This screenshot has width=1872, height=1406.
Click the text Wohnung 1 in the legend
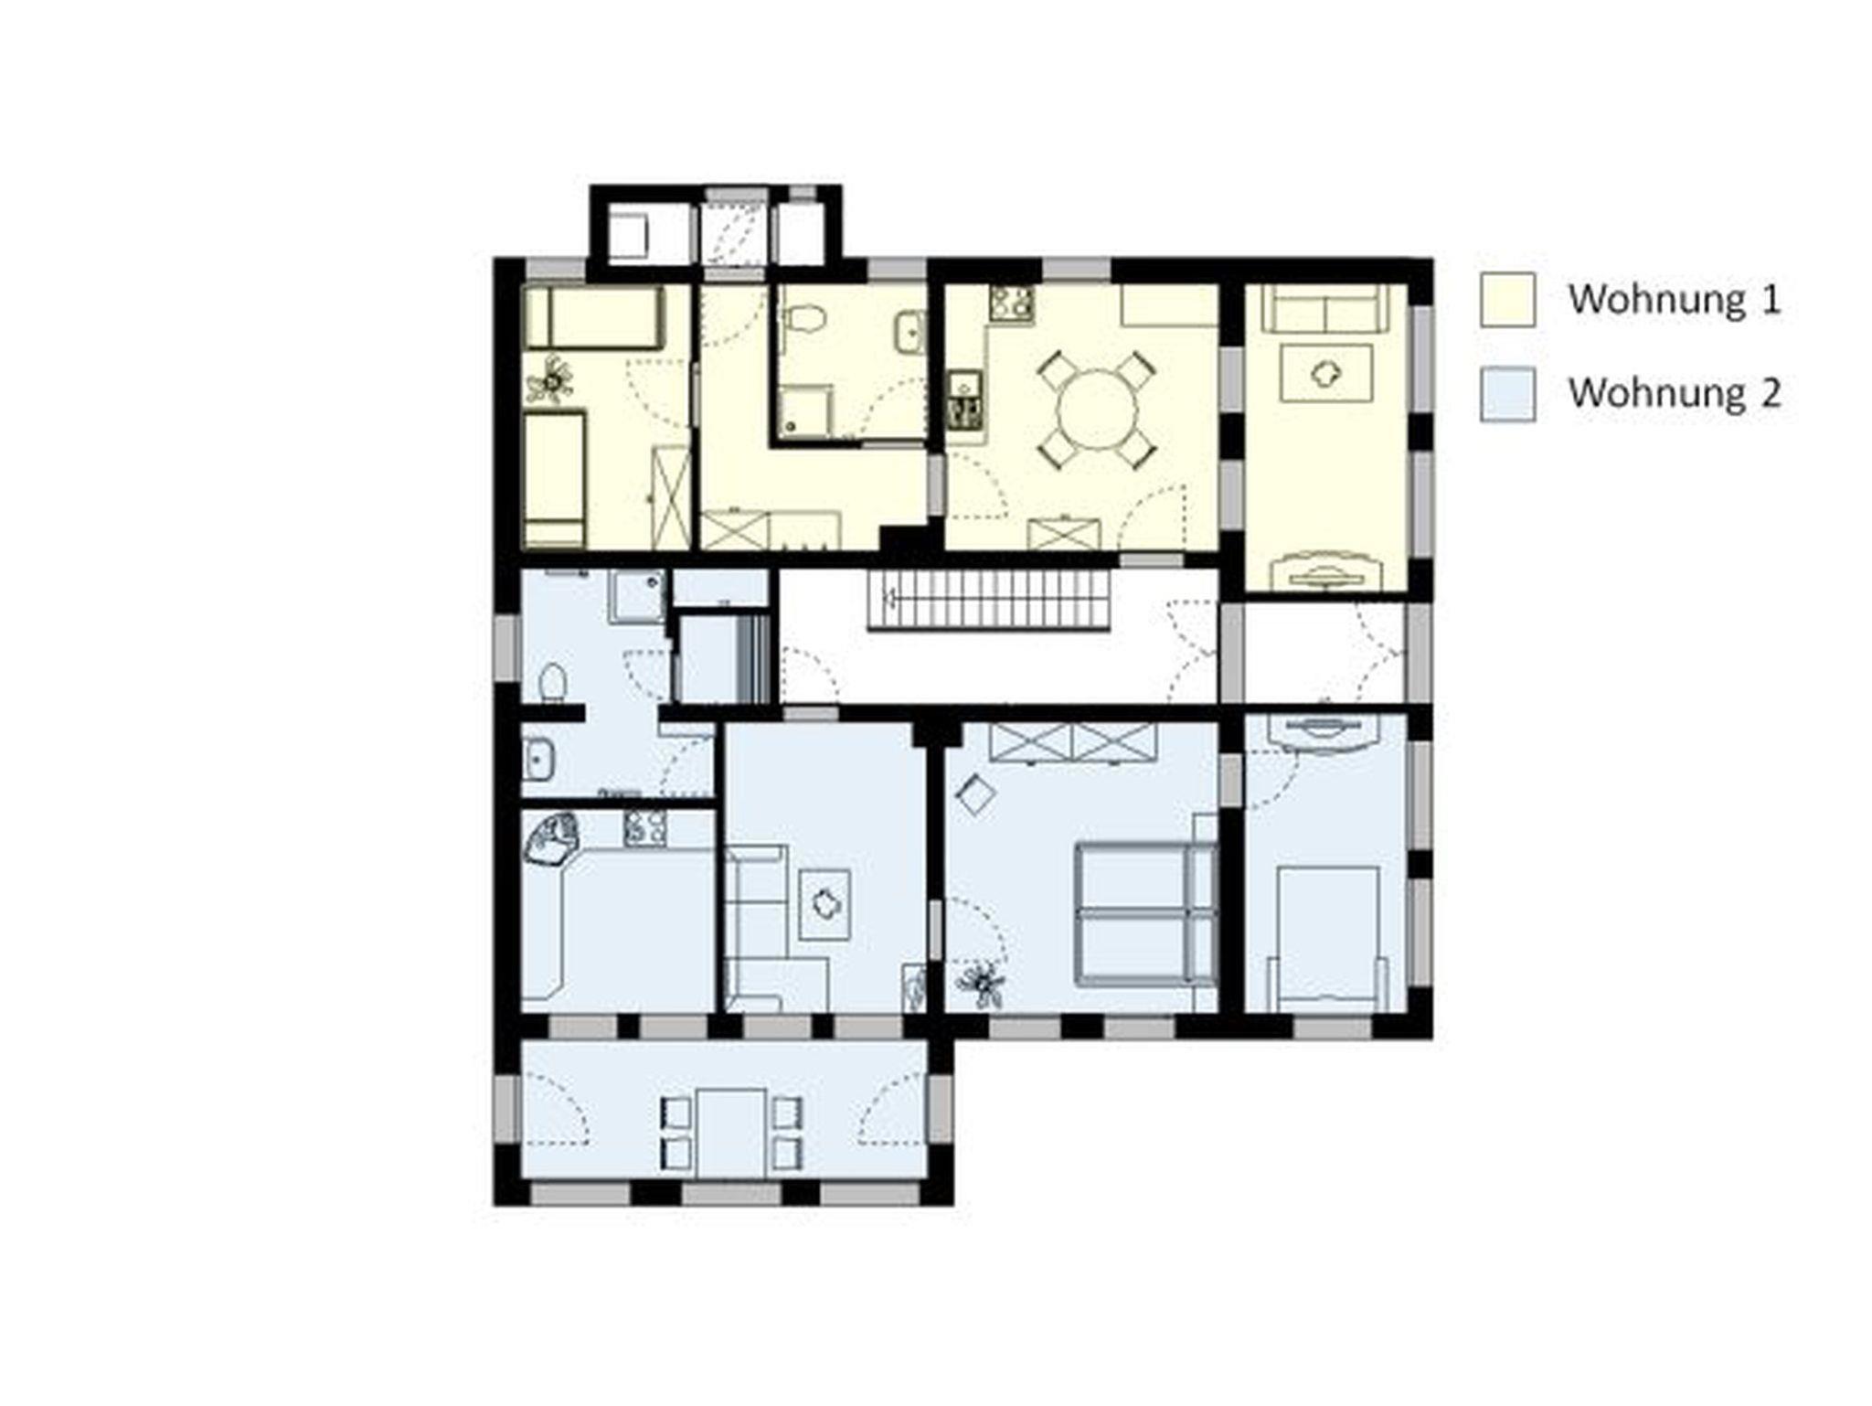coord(1675,299)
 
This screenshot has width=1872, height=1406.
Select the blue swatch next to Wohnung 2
coord(1507,394)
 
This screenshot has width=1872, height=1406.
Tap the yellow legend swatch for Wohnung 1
coord(1507,299)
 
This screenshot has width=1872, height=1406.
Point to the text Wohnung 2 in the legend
coord(1675,393)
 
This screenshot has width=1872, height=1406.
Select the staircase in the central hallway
coord(989,601)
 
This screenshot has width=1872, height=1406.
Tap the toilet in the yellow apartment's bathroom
coord(805,320)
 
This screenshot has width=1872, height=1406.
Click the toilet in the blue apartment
coord(552,684)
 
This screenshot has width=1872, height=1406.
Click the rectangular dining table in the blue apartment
coord(731,1133)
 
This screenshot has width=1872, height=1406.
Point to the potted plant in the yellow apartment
coord(551,380)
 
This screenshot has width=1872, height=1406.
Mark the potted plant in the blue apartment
coord(982,983)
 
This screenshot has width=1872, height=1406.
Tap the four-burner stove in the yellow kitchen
coord(1012,304)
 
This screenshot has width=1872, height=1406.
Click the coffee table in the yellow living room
coord(1326,371)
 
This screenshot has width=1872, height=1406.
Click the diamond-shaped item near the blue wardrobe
coord(975,794)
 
